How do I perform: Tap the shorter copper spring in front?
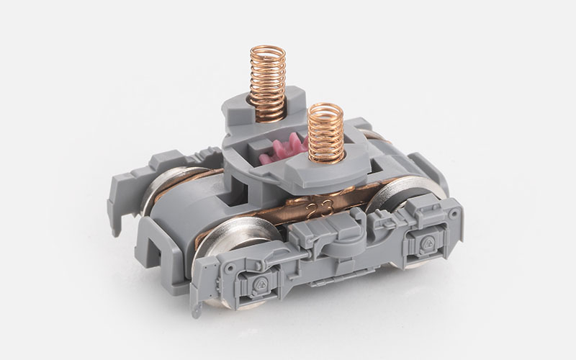point(326,133)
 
